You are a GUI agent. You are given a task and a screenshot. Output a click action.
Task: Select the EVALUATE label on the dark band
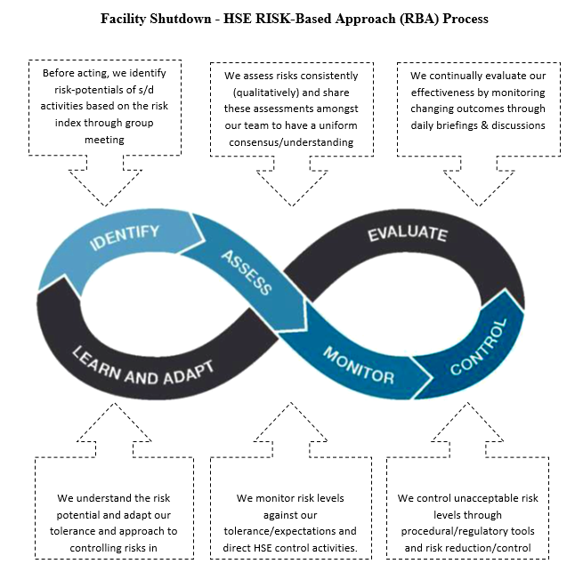tap(407, 235)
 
